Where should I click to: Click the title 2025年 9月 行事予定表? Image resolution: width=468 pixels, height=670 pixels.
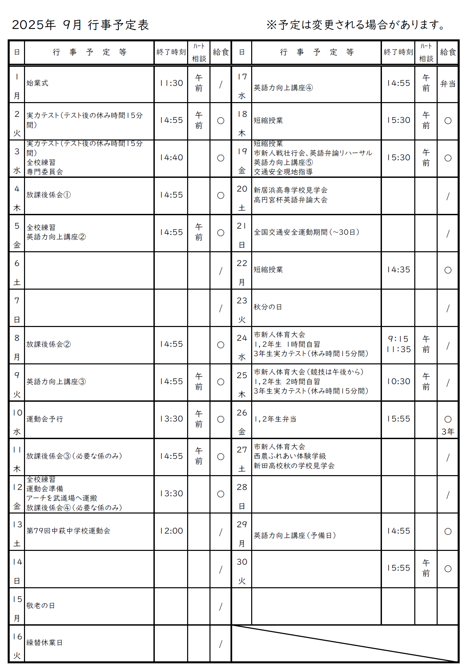coord(80,25)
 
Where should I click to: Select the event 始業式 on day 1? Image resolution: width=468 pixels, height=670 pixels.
coord(37,83)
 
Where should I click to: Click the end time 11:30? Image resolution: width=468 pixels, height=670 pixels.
coord(171,83)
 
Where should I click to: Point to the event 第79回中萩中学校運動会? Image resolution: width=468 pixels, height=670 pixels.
coord(68,531)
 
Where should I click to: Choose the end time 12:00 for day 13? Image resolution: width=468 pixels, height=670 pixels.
coord(171,531)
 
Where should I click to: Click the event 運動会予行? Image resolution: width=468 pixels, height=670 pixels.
coord(45,419)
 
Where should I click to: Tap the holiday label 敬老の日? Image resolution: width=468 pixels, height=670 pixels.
coord(41,606)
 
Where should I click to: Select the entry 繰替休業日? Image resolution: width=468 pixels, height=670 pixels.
coord(44,643)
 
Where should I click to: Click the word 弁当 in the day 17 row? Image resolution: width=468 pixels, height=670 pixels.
coord(448,84)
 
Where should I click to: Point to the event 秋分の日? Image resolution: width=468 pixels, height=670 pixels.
coord(268,307)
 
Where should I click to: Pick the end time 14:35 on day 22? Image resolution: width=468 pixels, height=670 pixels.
coord(398,270)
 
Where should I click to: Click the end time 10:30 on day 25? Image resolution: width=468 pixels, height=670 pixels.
coord(398,381)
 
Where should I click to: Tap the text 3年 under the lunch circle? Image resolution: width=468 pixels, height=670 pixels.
coord(448,432)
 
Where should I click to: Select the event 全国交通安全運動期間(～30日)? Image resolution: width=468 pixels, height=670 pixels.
coord(307,232)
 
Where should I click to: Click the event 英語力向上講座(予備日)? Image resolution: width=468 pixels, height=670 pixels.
coord(295,536)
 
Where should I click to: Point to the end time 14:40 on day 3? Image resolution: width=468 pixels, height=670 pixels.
coord(171,157)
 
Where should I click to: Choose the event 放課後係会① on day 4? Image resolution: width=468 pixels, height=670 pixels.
coord(49,195)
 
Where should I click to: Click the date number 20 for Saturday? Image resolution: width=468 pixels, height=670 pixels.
coord(242,189)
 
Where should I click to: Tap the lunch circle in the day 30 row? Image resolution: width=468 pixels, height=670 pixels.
coord(448,569)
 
